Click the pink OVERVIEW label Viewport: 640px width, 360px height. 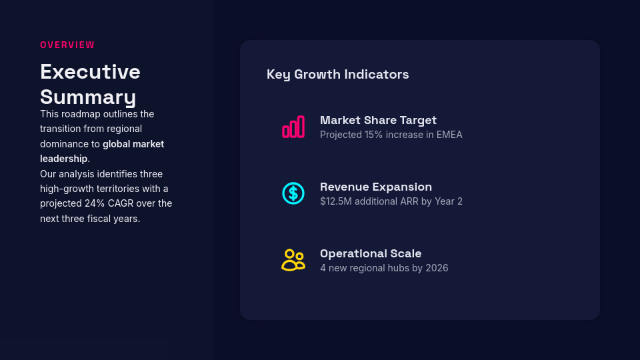tap(67, 45)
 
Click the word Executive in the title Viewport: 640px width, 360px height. tap(90, 71)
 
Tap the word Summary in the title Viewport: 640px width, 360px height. tap(88, 97)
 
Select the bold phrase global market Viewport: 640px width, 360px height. tap(133, 144)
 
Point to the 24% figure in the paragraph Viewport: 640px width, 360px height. tap(93, 203)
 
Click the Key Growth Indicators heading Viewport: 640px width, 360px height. tap(337, 74)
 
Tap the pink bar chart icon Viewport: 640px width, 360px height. tap(293, 127)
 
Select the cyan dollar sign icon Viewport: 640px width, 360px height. tap(293, 193)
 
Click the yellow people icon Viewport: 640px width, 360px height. tap(293, 260)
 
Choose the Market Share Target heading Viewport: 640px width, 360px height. tap(378, 120)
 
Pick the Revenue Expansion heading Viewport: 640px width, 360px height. tap(376, 187)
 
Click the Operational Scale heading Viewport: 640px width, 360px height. tap(371, 253)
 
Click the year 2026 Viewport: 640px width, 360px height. tap(437, 268)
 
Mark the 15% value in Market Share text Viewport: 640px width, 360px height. tap(373, 135)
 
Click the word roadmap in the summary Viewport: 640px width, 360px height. tap(81, 114)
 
